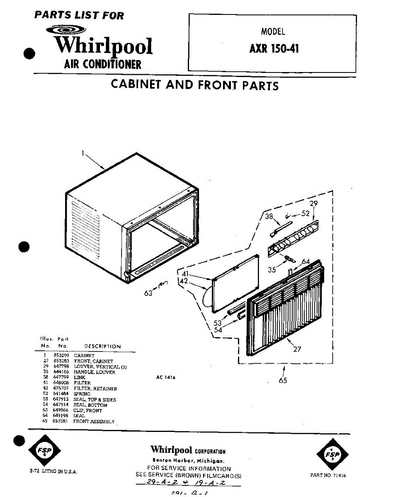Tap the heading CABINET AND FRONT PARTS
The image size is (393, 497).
[194, 85]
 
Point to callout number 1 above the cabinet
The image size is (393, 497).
[82, 153]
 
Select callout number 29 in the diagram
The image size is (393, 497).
[314, 203]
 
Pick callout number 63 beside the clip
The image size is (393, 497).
[148, 293]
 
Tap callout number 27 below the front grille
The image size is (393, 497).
[297, 349]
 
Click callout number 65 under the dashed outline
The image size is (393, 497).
[283, 380]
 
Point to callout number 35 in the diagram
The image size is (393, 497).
[272, 270]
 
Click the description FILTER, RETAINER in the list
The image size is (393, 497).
[95, 389]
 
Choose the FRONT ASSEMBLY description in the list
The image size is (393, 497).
[94, 421]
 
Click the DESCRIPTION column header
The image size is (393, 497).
[102, 346]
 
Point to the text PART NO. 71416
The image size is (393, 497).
[327, 475]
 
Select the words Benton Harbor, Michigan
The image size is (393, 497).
[189, 461]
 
